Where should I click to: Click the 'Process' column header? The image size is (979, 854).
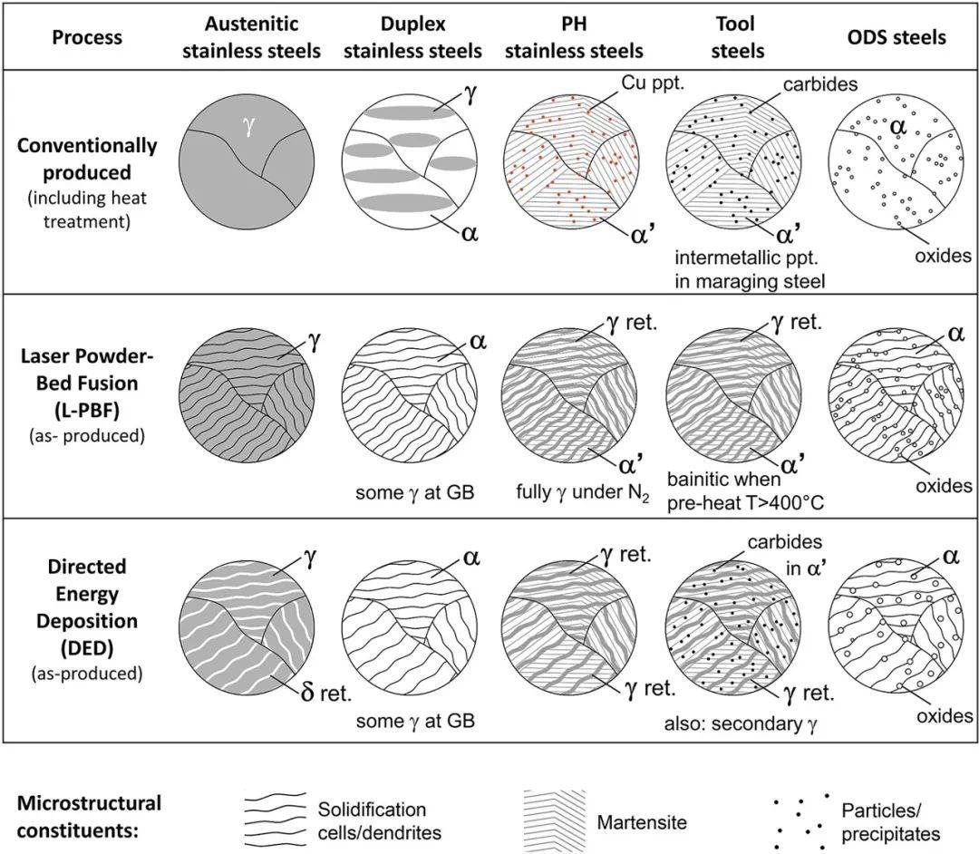(x=86, y=37)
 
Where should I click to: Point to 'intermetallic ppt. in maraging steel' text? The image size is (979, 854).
(x=750, y=271)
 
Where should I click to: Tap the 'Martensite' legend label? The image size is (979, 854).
(x=642, y=822)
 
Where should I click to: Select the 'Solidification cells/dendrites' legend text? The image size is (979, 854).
(x=372, y=820)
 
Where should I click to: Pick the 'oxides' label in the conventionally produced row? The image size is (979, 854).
(x=941, y=257)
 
